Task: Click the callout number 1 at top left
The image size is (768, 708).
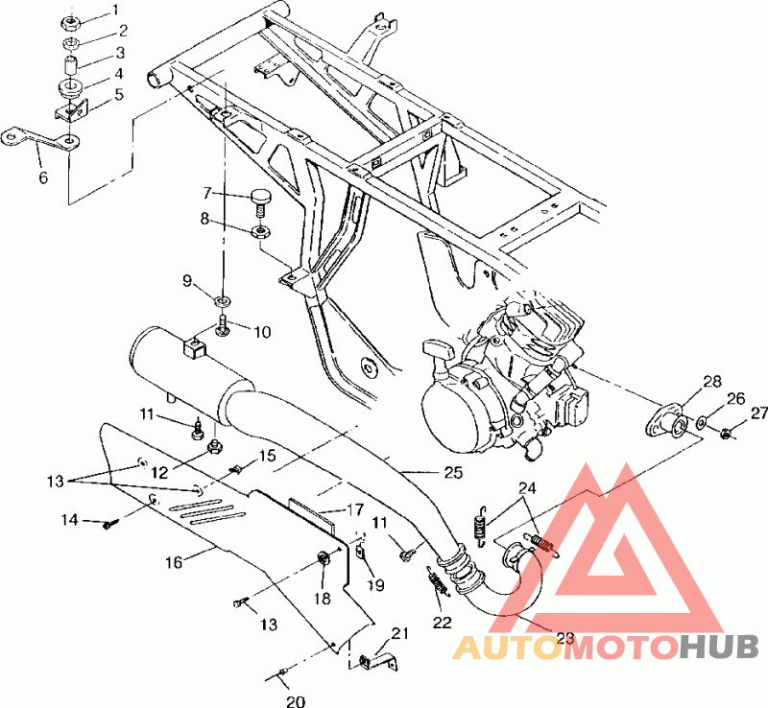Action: [114, 10]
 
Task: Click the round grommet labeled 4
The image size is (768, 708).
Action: [71, 89]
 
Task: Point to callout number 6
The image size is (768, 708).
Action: [43, 177]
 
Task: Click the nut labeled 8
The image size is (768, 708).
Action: [260, 230]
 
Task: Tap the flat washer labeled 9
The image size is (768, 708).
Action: [224, 299]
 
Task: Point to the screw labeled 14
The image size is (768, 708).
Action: [108, 526]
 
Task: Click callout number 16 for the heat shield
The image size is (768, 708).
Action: [174, 562]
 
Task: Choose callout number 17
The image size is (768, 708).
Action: [355, 509]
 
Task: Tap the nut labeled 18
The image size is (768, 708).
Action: [324, 557]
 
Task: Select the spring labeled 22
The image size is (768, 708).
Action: [439, 581]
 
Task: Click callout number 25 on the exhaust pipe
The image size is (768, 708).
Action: [453, 473]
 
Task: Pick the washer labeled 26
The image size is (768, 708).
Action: [701, 420]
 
